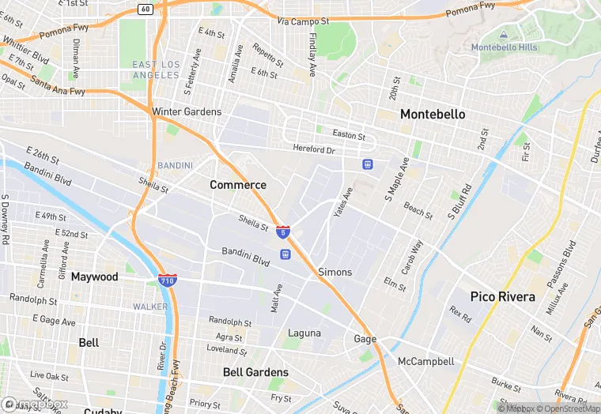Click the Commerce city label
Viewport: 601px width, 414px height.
point(238,185)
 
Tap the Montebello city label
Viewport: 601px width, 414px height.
point(432,115)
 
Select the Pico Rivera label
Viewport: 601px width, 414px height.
point(502,297)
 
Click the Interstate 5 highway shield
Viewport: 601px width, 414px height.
point(283,231)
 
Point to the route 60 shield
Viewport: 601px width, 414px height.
point(145,9)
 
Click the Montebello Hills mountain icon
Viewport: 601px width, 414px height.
point(504,35)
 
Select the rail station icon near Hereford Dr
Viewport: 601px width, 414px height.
point(368,164)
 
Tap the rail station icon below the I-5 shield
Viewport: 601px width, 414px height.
point(284,254)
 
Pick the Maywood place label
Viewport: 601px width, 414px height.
point(94,277)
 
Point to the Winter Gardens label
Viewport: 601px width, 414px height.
point(187,112)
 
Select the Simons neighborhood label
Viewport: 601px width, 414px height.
point(335,272)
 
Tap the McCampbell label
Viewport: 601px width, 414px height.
point(425,362)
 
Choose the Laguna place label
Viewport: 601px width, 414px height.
point(304,333)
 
